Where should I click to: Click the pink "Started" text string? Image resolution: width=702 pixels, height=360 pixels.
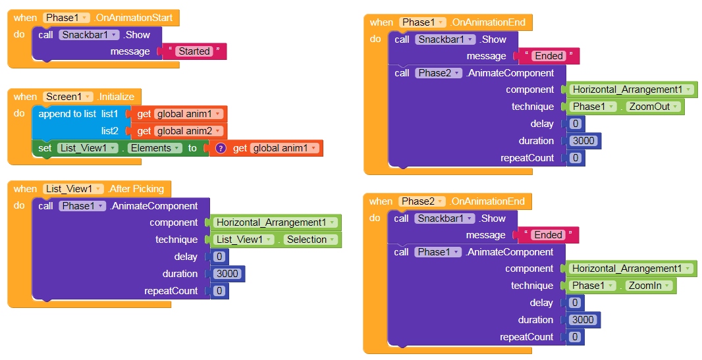[x=194, y=51]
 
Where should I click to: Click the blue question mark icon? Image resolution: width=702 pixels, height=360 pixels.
[x=221, y=148]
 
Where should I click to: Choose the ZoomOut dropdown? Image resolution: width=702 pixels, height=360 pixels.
[x=651, y=107]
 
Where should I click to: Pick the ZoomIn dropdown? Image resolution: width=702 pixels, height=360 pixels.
[x=649, y=286]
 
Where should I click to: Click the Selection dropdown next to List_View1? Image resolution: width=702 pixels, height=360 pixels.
[x=311, y=240]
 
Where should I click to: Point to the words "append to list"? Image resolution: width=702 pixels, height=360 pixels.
[x=67, y=114]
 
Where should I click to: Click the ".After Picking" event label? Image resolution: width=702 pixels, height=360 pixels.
[x=139, y=189]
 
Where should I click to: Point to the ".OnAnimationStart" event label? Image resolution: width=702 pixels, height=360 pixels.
[x=136, y=18]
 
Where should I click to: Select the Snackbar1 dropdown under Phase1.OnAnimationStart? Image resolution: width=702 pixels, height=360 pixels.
[x=88, y=35]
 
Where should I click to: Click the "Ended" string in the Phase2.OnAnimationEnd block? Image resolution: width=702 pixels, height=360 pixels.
[x=549, y=235]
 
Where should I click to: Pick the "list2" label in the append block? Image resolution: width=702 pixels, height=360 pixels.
[x=109, y=131]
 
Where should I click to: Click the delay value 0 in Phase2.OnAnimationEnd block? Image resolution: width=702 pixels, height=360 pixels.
[x=575, y=303]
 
